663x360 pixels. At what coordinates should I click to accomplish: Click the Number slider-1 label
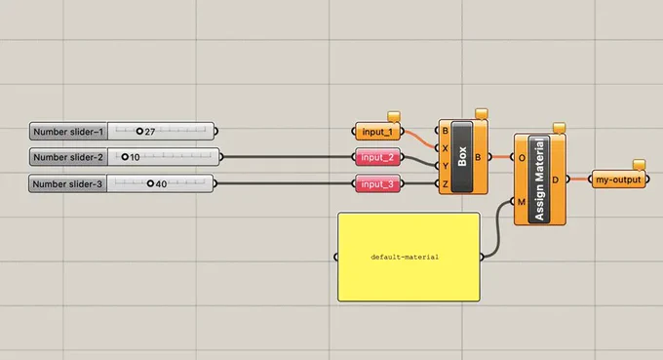(x=68, y=132)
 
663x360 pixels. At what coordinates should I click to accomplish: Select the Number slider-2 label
(x=68, y=157)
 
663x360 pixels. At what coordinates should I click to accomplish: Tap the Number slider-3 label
(x=67, y=184)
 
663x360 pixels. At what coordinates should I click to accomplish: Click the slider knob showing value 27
(x=139, y=131)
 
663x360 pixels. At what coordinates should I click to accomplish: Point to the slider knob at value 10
(x=125, y=157)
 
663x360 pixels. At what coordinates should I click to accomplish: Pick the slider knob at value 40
(x=150, y=183)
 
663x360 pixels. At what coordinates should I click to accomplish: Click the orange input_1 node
(x=377, y=132)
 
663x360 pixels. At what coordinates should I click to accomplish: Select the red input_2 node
(x=377, y=157)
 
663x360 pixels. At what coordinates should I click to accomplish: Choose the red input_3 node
(x=377, y=184)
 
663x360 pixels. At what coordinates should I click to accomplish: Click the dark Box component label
(x=462, y=156)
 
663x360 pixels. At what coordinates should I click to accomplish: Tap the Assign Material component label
(x=539, y=180)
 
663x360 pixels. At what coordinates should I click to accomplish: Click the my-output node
(x=618, y=180)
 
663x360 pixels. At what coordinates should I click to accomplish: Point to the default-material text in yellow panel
(x=405, y=257)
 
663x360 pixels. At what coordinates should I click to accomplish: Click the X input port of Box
(x=437, y=148)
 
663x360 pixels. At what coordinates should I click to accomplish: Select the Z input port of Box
(x=437, y=183)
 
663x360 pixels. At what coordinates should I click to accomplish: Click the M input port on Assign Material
(x=513, y=201)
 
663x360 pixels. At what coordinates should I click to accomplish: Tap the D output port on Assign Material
(x=567, y=180)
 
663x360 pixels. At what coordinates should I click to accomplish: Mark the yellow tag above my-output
(x=639, y=165)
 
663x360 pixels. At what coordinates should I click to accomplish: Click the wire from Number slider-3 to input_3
(x=285, y=183)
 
